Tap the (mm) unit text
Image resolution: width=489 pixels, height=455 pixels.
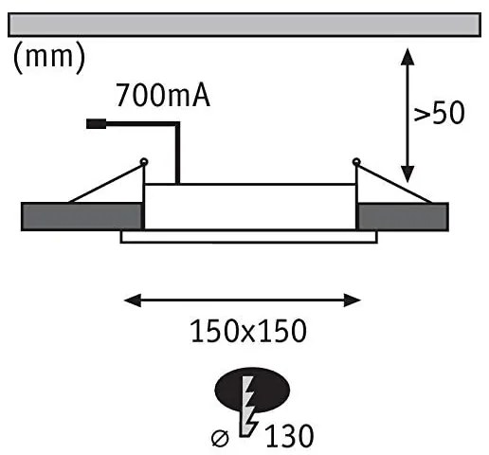(x=48, y=58)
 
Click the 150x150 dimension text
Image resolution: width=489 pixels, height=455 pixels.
(x=248, y=332)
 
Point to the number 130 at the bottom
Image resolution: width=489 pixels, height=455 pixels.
(x=289, y=436)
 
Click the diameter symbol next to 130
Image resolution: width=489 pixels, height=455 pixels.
(x=219, y=437)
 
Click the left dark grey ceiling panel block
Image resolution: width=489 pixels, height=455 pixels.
(x=81, y=216)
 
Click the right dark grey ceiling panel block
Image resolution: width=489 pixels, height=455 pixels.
(x=402, y=216)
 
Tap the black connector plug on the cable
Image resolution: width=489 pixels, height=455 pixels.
(x=96, y=123)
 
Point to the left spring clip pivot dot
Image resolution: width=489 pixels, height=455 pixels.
(x=143, y=161)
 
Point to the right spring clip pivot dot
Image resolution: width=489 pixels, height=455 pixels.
(x=356, y=161)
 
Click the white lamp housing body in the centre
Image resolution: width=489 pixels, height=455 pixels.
(x=249, y=207)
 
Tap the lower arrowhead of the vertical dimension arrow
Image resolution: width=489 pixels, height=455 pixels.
(x=407, y=176)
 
